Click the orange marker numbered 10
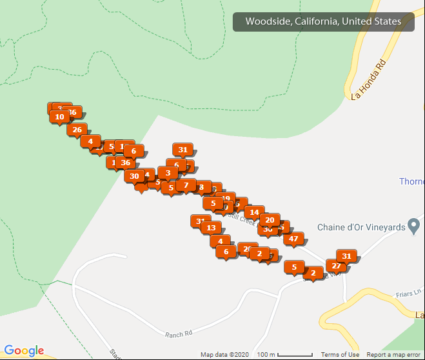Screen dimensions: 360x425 59,117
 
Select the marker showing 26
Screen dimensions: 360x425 77,130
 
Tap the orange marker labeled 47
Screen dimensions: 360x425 293,239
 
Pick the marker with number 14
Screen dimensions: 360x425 254,212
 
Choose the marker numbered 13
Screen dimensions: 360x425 210,227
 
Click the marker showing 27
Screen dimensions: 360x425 336,266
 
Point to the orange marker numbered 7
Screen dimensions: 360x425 186,185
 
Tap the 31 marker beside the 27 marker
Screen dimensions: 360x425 346,256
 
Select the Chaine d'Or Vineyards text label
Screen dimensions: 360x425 361,227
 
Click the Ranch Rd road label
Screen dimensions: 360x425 179,334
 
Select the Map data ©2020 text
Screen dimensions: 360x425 224,355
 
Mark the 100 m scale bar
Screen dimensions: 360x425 284,355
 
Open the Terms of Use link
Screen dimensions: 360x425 340,355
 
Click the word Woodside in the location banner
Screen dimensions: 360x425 268,22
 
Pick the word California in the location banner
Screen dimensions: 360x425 315,22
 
